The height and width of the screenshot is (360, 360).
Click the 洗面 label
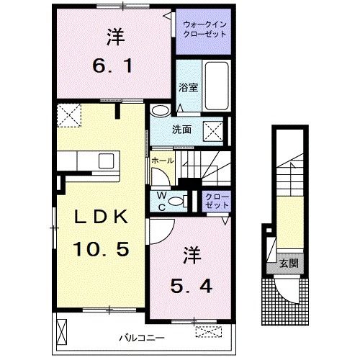click(x=181, y=130)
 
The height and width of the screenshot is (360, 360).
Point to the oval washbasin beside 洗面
click(x=160, y=109)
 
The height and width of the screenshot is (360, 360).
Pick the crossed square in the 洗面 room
click(x=214, y=131)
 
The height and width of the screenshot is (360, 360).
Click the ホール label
click(x=162, y=161)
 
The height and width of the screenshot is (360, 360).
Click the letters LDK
click(x=101, y=217)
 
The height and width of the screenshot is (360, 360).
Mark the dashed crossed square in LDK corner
click(x=71, y=114)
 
